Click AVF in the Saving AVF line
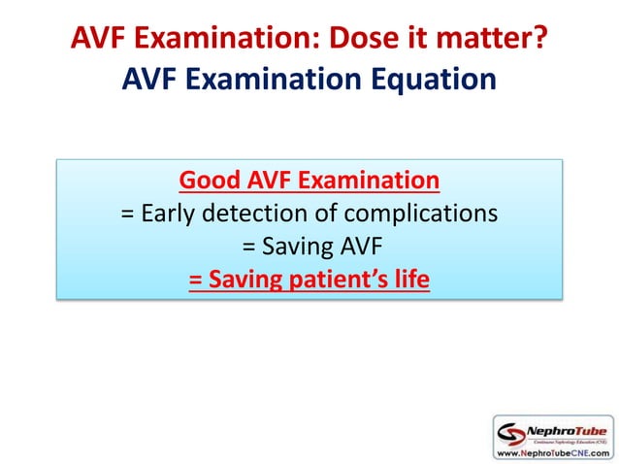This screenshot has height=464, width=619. click(353, 247)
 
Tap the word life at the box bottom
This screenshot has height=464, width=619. click(409, 280)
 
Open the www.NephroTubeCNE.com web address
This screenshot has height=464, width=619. click(552, 452)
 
